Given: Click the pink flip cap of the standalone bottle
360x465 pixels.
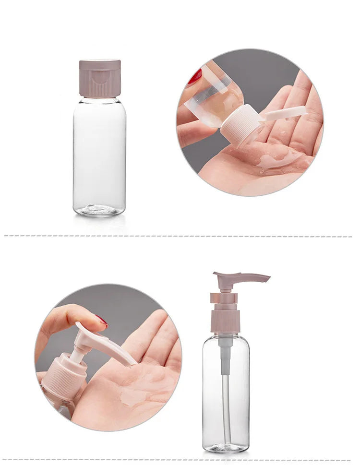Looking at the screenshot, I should (x=100, y=78).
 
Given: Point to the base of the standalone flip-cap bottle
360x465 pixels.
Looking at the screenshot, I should (x=99, y=210).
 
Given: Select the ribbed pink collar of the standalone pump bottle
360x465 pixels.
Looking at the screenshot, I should (x=225, y=321).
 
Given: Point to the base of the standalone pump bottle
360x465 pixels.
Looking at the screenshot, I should (x=226, y=447).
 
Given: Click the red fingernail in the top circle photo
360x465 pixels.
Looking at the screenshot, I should (x=195, y=77).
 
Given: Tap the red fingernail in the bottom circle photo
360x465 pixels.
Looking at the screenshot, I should (x=101, y=320).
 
